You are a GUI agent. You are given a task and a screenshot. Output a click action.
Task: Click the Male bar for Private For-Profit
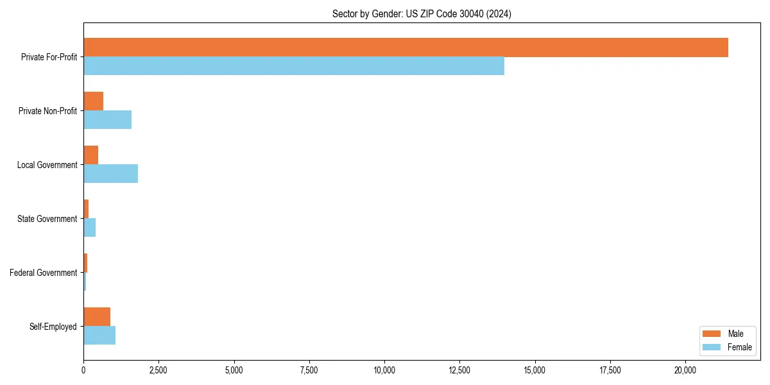[406, 47]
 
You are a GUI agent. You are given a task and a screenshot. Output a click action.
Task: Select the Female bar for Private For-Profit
[294, 66]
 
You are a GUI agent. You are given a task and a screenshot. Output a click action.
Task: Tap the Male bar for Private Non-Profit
[94, 101]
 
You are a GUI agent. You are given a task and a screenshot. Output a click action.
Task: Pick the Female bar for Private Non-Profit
[107, 120]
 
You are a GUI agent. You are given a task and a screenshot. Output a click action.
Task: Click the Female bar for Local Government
[110, 174]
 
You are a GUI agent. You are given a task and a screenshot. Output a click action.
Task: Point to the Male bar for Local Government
[91, 155]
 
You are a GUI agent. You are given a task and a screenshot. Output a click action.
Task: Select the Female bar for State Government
[90, 228]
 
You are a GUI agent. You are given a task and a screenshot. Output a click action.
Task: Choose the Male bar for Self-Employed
[97, 317]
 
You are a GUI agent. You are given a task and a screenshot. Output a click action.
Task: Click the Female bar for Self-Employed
[99, 336]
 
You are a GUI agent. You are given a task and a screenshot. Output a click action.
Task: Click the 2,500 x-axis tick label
[158, 370]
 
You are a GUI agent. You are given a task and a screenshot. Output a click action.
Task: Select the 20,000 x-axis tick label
[685, 370]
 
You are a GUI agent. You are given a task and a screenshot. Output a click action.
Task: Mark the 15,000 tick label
[535, 370]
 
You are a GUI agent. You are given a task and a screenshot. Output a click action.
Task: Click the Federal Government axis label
[44, 273]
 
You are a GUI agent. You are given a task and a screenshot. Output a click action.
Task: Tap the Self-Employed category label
[53, 327]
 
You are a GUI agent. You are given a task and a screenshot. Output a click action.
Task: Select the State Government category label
[47, 219]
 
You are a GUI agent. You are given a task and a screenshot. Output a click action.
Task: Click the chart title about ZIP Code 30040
[422, 13]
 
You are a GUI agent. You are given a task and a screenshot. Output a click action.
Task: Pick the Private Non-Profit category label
[47, 111]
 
